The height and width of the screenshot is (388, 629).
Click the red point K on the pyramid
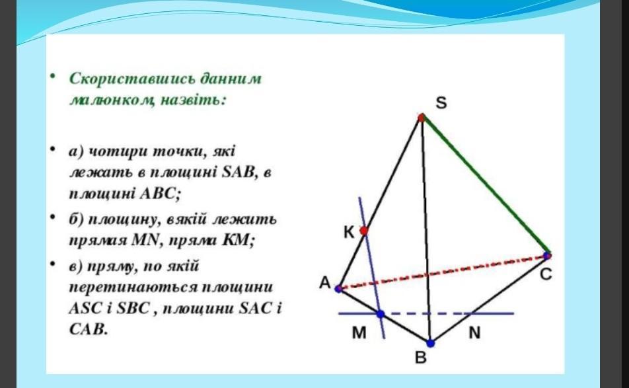coord(364,231)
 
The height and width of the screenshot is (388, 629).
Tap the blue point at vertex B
coord(430,344)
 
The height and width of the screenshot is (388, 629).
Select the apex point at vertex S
coord(422,118)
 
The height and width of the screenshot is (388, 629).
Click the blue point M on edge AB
coord(381,314)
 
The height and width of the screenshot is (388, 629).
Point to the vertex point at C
coord(547,255)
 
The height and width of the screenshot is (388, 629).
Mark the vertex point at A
coord(338,288)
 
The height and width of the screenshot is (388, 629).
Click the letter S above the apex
coord(441,102)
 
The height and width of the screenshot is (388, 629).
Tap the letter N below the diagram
coord(474,332)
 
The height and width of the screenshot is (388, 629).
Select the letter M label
coord(359,332)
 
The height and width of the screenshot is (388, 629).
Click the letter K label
coord(349,232)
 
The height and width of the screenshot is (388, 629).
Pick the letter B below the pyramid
coord(420,357)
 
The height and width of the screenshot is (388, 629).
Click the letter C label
coord(546,274)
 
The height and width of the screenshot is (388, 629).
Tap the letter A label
coord(325,283)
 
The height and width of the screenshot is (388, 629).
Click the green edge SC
coord(484,186)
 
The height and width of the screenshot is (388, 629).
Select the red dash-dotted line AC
coord(443,272)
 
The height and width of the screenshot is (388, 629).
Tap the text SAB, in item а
coord(239,173)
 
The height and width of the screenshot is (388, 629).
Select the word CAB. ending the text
coord(89,329)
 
